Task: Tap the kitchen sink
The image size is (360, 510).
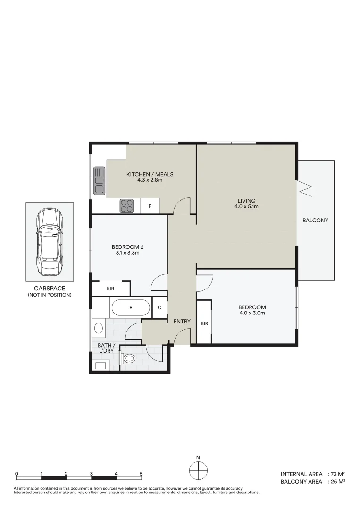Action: pos(99,180)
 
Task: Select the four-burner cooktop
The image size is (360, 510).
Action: pos(126,206)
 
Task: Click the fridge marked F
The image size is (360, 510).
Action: pos(150,206)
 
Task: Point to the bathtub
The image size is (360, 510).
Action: pos(131,308)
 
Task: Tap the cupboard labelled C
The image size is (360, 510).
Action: pos(159,308)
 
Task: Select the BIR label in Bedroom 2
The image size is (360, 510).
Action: pos(110,288)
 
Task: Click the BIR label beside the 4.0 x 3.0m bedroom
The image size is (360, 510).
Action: pos(204,323)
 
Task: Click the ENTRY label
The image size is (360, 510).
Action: pos(182,322)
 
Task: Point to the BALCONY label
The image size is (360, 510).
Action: pos(316,220)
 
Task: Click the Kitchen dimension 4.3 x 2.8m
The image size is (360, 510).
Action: pos(150,180)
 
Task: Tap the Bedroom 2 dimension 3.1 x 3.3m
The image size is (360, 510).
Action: pos(127,253)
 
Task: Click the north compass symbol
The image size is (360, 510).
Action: pos(199,470)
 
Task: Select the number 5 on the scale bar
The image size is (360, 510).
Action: pos(141,473)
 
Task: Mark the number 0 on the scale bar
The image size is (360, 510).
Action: pos(17,473)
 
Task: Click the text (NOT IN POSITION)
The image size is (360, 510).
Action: pos(50,295)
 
